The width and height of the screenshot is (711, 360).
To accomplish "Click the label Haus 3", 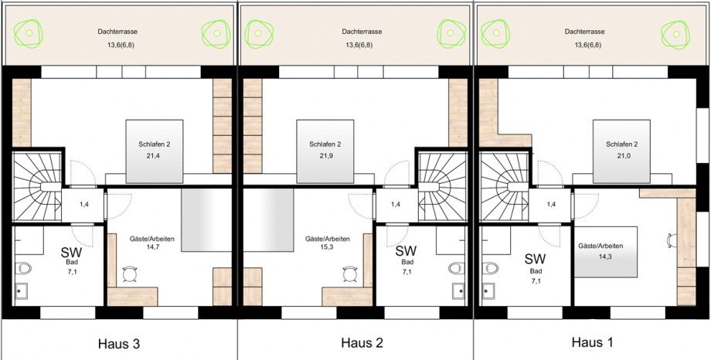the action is [x=119, y=344].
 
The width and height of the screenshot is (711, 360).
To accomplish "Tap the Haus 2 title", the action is [x=362, y=343].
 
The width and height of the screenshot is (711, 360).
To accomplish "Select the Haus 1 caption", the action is [x=593, y=342].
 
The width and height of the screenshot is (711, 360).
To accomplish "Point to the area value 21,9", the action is [x=325, y=155].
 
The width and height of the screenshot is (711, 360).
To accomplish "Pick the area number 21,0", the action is [x=621, y=155].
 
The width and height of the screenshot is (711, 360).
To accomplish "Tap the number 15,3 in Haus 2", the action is [x=327, y=247].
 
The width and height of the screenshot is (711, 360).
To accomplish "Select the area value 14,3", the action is [x=600, y=255].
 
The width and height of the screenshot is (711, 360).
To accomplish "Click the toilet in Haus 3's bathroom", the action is [x=22, y=268].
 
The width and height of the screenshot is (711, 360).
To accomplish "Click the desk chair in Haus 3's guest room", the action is [x=131, y=274].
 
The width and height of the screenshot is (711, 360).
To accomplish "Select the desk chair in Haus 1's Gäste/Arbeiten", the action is [x=672, y=239].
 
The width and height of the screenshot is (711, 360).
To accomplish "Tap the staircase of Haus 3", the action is [x=37, y=186].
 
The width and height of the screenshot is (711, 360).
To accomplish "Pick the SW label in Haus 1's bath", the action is [x=536, y=259].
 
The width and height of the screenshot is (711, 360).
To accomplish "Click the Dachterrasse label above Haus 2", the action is [x=362, y=32].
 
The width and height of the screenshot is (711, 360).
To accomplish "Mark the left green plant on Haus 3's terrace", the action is [x=29, y=33].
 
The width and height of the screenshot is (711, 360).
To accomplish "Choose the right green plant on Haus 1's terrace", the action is [x=675, y=34].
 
